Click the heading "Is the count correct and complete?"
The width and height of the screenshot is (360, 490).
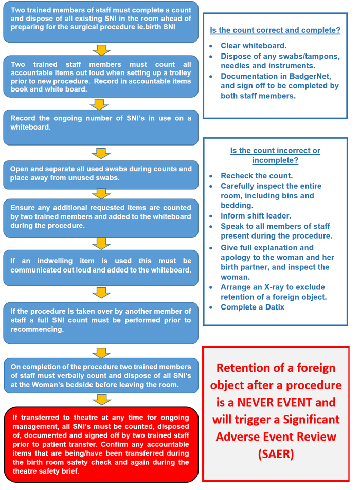pyautogui.click(x=275, y=30)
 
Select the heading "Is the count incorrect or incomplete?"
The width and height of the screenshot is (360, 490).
pyautogui.click(x=275, y=155)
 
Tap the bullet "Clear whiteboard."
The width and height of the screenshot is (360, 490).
pyautogui.click(x=254, y=46)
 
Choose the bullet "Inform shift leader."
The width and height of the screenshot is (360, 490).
pyautogui.click(x=256, y=216)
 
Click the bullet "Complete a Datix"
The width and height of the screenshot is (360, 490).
pyautogui.click(x=252, y=307)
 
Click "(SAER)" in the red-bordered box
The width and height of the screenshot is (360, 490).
pyautogui.click(x=276, y=454)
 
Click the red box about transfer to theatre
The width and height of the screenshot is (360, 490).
pyautogui.click(x=101, y=444)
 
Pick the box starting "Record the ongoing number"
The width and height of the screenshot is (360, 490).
pyautogui.click(x=101, y=126)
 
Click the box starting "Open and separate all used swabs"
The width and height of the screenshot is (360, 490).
pyautogui.click(x=101, y=174)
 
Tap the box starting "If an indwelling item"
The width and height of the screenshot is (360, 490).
pyautogui.click(x=101, y=266)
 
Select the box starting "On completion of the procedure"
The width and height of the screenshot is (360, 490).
pyautogui.click(x=101, y=376)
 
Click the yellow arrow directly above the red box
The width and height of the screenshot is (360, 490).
pyautogui.click(x=101, y=400)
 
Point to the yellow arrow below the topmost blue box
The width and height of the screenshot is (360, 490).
pyautogui.click(x=101, y=49)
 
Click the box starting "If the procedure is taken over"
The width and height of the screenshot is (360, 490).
pyautogui.click(x=101, y=321)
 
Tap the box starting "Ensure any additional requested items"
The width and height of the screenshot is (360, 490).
pyautogui.click(x=101, y=217)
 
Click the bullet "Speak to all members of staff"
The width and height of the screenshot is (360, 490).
pyautogui.click(x=276, y=231)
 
